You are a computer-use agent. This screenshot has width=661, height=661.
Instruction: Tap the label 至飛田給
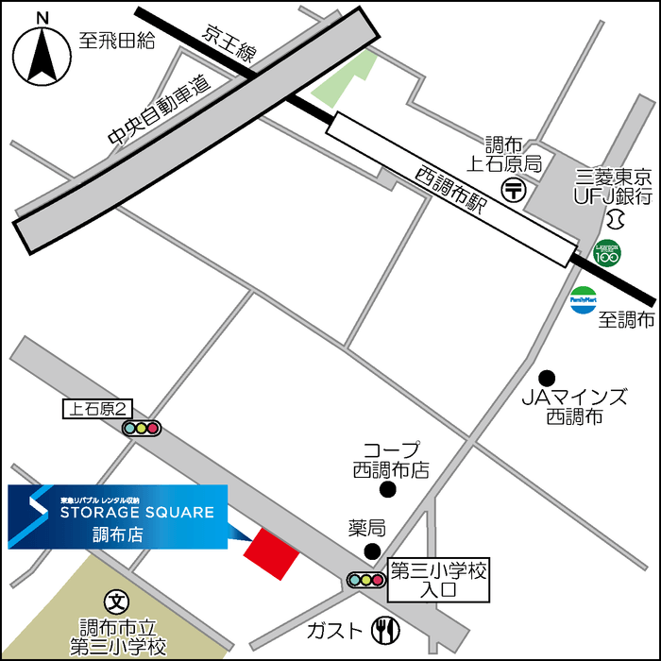(115, 41)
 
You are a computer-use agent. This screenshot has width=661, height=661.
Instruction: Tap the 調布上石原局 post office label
(514, 154)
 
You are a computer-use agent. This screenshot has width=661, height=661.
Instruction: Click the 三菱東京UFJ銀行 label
(615, 187)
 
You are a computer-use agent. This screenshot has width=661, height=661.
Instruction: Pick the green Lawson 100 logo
(607, 253)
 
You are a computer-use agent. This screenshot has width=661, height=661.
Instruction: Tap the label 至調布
(626, 320)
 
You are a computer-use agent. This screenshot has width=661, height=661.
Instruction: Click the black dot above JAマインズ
(546, 376)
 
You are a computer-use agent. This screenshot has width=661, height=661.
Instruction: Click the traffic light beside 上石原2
(142, 428)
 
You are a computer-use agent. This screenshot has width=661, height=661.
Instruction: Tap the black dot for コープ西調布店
(387, 489)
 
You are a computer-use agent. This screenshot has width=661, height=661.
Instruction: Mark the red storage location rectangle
(271, 552)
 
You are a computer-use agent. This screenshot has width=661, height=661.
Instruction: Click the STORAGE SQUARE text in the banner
(137, 512)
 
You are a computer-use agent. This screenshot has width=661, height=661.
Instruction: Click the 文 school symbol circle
(116, 601)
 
